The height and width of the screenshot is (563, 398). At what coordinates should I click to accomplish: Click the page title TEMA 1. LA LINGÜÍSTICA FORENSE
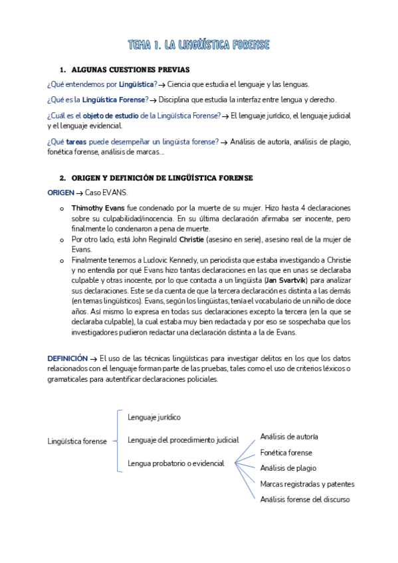pyautogui.click(x=199, y=45)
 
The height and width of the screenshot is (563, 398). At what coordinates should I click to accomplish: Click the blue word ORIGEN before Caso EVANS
pyautogui.click(x=60, y=193)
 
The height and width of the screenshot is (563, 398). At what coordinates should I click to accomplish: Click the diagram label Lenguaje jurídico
pyautogui.click(x=154, y=418)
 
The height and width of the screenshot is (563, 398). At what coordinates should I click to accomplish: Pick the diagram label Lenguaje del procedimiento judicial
pyautogui.click(x=183, y=440)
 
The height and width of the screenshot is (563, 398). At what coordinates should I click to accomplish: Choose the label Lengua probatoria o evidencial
pyautogui.click(x=175, y=463)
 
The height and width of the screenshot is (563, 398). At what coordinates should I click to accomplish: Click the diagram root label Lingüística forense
pyautogui.click(x=77, y=442)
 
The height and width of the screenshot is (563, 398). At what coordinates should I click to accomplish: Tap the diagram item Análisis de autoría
pyautogui.click(x=289, y=437)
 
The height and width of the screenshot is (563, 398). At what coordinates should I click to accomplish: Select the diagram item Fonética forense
pyautogui.click(x=286, y=453)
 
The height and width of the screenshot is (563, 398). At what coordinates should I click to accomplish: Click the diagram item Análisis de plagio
pyautogui.click(x=288, y=468)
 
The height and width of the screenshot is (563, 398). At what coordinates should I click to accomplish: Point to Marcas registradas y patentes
pyautogui.click(x=307, y=484)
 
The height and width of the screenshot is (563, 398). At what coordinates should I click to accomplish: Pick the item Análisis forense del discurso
pyautogui.click(x=304, y=499)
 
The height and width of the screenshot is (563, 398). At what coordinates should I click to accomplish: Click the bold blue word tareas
pyautogui.click(x=76, y=141)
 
